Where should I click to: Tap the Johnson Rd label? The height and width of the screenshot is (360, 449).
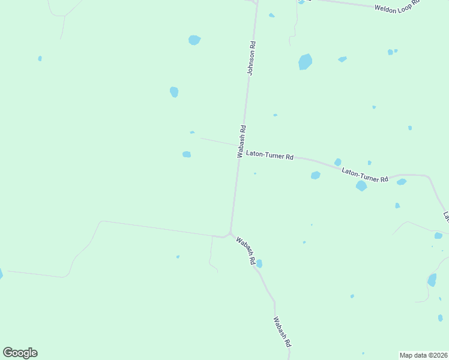coord(253,58)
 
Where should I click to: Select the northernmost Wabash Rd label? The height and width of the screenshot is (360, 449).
coord(241,140)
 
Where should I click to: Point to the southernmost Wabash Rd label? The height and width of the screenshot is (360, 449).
coord(282,333)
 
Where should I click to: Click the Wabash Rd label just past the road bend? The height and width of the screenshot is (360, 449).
coord(246,251)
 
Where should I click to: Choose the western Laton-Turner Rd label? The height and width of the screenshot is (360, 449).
coord(270,156)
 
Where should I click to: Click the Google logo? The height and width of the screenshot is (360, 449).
coord(20,353)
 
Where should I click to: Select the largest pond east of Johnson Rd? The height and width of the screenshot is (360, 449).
coord(305,62)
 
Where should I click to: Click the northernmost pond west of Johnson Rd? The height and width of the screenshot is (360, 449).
coord(194,40)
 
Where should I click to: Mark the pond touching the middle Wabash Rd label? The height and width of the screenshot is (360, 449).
coord(259,263)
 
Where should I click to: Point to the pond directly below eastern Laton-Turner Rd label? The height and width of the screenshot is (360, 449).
coord(361,186)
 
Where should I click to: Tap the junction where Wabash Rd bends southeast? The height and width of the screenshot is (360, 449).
coord(230,233)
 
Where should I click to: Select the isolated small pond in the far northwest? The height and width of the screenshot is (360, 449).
coord(40,58)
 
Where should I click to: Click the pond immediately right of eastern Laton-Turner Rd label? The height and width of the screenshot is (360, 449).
coord(401,182)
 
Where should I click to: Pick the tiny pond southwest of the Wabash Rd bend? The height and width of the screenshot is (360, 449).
coord(178,257)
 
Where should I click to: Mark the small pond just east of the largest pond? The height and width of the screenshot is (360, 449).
coord(342,59)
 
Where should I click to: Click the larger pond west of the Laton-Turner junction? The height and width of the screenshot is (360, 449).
coord(187,154)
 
